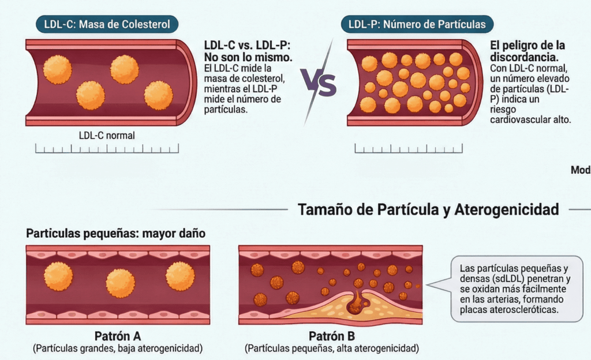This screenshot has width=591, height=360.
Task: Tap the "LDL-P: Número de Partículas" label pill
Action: (x=417, y=24)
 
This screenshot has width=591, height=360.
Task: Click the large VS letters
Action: (x=318, y=84)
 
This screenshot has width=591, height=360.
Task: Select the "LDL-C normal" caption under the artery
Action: (x=107, y=136)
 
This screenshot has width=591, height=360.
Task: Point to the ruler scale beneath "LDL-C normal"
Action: (x=107, y=149)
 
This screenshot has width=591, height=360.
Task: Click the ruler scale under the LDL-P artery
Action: (x=408, y=149)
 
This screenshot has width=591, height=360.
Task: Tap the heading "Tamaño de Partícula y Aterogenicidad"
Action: (x=428, y=209)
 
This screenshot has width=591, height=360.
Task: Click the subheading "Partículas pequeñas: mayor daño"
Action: (x=115, y=234)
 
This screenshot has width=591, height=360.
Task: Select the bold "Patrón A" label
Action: (x=118, y=336)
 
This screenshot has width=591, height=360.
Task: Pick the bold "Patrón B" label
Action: (x=331, y=336)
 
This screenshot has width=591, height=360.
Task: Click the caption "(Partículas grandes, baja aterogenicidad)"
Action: (x=118, y=348)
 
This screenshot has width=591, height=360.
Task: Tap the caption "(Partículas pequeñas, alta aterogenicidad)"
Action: (x=331, y=348)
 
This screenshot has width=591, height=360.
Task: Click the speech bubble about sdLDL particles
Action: (x=516, y=288)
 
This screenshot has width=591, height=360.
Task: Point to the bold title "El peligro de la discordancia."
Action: (x=527, y=51)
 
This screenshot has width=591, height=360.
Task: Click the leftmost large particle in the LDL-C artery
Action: (x=58, y=70)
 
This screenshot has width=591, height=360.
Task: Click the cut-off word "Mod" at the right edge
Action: (x=580, y=170)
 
